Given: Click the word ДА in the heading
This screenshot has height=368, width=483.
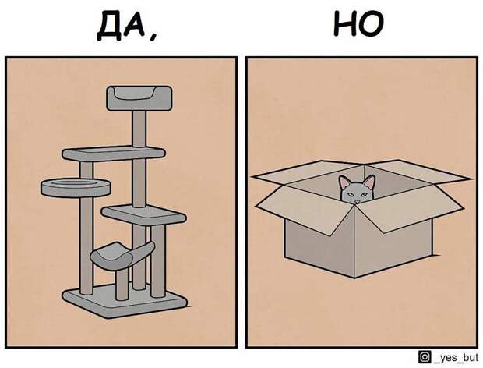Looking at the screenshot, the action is [x=122, y=27].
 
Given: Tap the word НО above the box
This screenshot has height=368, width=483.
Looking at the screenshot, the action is [x=359, y=23].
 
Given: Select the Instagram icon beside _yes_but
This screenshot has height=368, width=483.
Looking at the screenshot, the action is [x=425, y=357].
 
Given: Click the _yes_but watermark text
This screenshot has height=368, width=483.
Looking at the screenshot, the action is [x=457, y=358].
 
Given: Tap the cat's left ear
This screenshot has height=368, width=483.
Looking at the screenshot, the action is [x=344, y=182].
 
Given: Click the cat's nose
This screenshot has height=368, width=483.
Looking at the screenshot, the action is [x=357, y=202].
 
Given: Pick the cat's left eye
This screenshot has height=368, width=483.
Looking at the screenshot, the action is [x=351, y=194].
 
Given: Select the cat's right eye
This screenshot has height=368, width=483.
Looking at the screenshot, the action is [x=364, y=194].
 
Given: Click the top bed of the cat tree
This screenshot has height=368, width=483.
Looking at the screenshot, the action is [x=139, y=98].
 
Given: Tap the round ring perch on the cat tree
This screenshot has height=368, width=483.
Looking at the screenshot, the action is [x=76, y=188].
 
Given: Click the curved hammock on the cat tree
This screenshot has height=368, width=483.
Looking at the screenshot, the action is [x=122, y=254].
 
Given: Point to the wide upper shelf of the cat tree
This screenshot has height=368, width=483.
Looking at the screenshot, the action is [x=114, y=153].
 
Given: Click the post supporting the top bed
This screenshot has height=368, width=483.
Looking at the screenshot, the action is [x=139, y=129].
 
